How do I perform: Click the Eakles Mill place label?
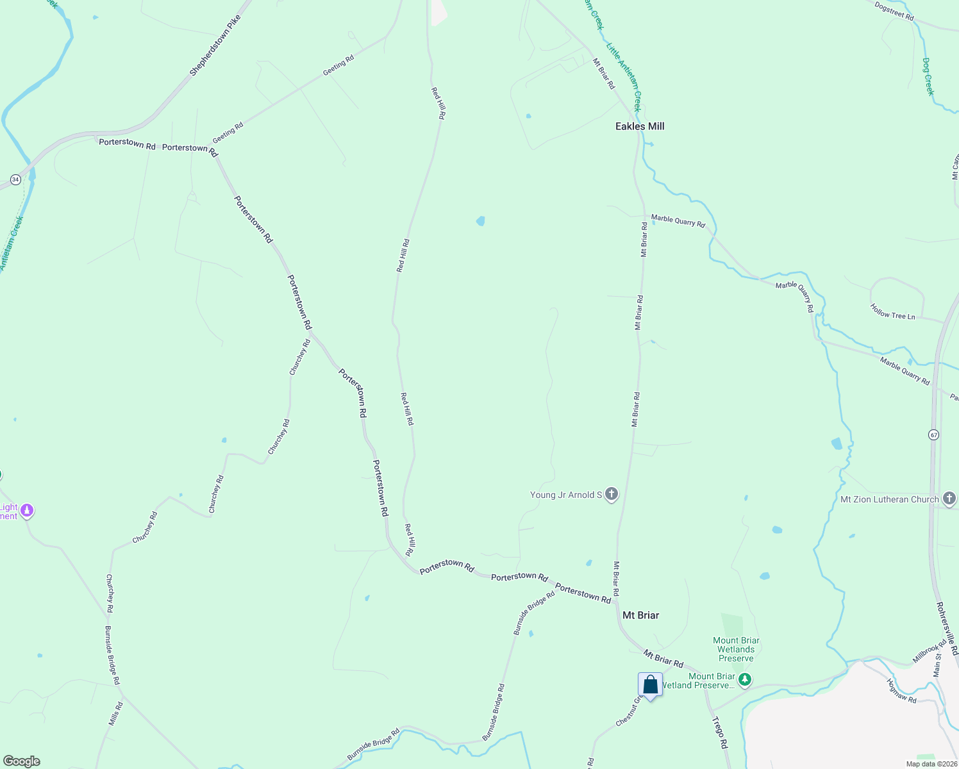point(639,126)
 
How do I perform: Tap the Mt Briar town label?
point(640,615)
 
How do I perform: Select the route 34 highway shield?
point(15,180)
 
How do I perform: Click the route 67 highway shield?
point(933,435)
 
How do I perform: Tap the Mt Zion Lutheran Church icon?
point(949,499)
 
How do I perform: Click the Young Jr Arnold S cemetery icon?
point(612,494)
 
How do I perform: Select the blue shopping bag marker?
point(650,685)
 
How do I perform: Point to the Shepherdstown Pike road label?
point(215,46)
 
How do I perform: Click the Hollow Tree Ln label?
point(892,312)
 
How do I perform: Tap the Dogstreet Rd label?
point(894,11)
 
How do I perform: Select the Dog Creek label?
point(928,76)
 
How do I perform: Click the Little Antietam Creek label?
point(623,77)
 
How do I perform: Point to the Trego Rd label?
point(720,732)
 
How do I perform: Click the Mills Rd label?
point(115,714)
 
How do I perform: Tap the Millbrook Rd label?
point(929,652)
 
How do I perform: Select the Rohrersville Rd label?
point(946,628)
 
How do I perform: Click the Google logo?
point(21,761)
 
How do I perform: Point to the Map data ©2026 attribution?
point(931,764)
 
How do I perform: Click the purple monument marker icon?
point(27,511)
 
